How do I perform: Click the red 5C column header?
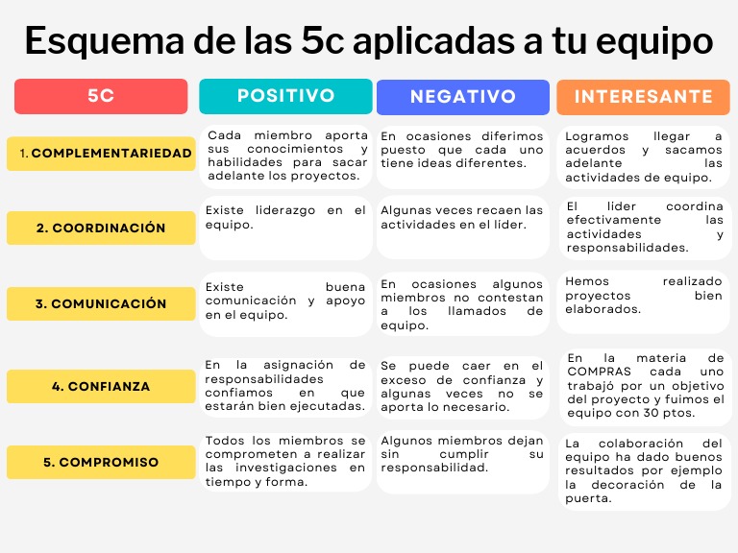point(101,96)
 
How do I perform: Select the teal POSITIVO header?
point(285,96)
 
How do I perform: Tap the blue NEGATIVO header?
point(462,97)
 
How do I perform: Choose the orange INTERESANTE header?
point(643,97)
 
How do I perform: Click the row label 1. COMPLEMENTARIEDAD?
point(101,154)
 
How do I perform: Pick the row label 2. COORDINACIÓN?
point(101,228)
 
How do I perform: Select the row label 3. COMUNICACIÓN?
point(101,303)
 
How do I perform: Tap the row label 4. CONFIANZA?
point(101,386)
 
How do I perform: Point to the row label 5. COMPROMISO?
point(101,462)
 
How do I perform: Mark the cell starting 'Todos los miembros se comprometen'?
point(285,461)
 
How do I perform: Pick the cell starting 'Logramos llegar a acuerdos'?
point(643,156)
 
